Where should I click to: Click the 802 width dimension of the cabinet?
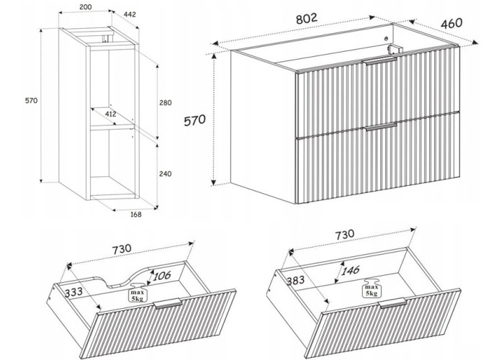(306, 18)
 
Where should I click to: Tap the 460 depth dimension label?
(451, 24)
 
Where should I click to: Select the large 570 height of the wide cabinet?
(194, 120)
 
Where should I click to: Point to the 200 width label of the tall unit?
(85, 6)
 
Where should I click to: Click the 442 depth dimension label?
(129, 14)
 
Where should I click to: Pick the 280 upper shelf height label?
(165, 103)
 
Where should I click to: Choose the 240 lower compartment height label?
(165, 174)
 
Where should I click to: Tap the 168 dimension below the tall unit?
(135, 214)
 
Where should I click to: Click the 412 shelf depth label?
(110, 114)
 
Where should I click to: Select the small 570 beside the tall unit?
(31, 101)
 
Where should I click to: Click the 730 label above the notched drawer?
(122, 249)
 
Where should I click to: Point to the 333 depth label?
(73, 292)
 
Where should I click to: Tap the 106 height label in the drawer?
(162, 276)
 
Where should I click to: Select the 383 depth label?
(295, 280)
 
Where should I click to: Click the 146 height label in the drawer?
(350, 270)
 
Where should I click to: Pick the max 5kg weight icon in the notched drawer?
(138, 292)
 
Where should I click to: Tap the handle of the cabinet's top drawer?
(380, 61)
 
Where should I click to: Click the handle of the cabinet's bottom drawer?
(381, 126)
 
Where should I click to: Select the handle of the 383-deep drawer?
(392, 302)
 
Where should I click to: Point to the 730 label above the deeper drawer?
(345, 235)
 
